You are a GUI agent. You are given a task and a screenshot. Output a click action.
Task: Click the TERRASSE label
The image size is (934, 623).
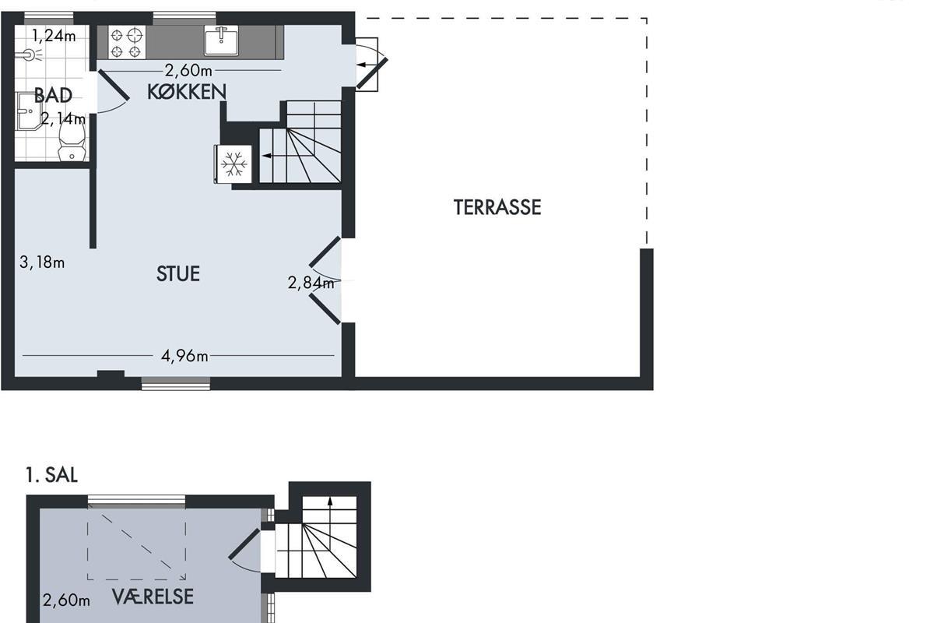point(497,207)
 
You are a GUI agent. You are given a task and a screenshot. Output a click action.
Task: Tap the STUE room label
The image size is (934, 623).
point(178,274)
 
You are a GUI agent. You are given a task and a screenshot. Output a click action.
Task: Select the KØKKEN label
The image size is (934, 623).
point(187,92)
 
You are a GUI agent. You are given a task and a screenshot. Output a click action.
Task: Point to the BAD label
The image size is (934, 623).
point(53,95)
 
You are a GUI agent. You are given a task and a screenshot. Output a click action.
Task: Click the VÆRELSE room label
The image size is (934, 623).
point(153,597)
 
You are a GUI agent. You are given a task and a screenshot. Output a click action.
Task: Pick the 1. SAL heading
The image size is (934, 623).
point(51,475)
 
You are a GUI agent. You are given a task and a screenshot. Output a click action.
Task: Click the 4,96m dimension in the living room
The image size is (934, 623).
point(184,356)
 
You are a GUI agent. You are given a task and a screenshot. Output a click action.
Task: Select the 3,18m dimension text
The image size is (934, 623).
point(42,262)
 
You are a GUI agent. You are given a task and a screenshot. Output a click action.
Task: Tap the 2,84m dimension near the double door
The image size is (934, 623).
point(311,283)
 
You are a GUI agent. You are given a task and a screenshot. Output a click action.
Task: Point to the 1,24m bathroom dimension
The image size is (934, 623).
point(54,36)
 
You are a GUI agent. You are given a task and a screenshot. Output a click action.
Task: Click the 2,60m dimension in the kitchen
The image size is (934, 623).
point(188,71)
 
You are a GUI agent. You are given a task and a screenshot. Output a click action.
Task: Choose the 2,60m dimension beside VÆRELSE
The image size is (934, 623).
point(66,600)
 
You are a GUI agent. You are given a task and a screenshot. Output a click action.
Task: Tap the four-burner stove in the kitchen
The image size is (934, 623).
point(127,42)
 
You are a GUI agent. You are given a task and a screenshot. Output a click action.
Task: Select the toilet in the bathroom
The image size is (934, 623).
point(72,141)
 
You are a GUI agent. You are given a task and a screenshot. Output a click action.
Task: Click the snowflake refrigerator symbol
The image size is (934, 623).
point(233,164)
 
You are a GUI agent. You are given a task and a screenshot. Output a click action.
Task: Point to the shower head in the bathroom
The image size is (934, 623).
point(30,55)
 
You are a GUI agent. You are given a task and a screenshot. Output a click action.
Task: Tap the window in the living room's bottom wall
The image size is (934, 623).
point(176,384)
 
